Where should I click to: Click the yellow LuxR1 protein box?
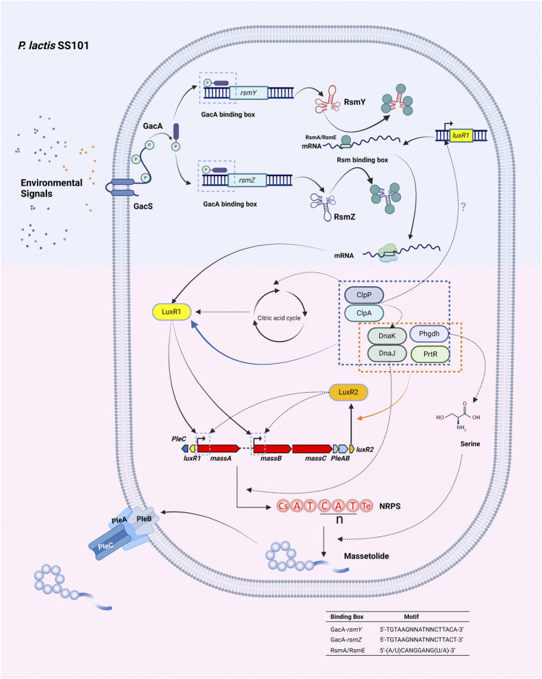pyautogui.click(x=172, y=312)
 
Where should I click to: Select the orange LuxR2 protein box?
pyautogui.click(x=348, y=392)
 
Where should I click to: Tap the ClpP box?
pyautogui.click(x=364, y=295)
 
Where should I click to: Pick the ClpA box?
pyautogui.click(x=364, y=313)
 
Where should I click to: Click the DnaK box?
pyautogui.click(x=386, y=336)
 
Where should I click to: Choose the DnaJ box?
pyautogui.click(x=386, y=354)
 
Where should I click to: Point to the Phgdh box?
pyautogui.click(x=429, y=334)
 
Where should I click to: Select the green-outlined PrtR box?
pyautogui.click(x=430, y=354)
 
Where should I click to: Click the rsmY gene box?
pyautogui.click(x=248, y=93)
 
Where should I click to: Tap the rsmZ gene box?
pyautogui.click(x=247, y=180)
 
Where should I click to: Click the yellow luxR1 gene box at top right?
pyautogui.click(x=461, y=136)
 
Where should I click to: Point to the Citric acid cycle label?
pyautogui.click(x=279, y=318)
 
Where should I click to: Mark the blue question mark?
pyautogui.click(x=463, y=207)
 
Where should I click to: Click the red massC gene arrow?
pyautogui.click(x=313, y=449)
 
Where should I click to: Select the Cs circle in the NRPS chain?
pyautogui.click(x=283, y=506)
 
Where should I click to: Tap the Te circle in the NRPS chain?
pyautogui.click(x=366, y=506)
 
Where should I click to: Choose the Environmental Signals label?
pyautogui.click(x=51, y=188)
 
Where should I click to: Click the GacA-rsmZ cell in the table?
pyautogui.click(x=346, y=640)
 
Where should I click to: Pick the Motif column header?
pyautogui.click(x=411, y=617)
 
